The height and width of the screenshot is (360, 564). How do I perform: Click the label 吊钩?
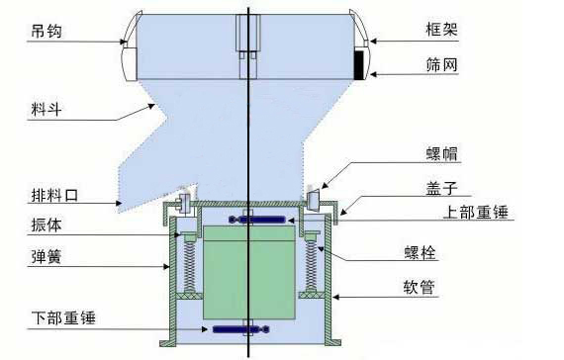tap(47, 31)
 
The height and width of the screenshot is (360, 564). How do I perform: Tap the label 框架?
tap(441, 29)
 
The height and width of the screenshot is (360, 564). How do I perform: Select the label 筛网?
tap(441, 64)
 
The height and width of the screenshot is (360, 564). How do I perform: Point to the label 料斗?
tap(47, 109)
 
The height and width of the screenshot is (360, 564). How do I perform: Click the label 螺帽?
tap(441, 153)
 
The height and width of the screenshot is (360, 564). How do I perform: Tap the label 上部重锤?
tap(476, 212)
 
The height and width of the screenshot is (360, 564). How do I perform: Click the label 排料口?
tap(54, 195)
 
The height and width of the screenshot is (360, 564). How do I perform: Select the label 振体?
tap(47, 225)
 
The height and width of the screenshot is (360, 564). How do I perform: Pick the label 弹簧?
tap(47, 257)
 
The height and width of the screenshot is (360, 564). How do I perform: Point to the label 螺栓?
tap(421, 252)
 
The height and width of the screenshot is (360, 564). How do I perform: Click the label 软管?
tap(420, 287)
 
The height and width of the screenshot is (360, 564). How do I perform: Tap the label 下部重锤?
tap(63, 317)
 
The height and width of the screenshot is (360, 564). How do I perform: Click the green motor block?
tap(249, 272)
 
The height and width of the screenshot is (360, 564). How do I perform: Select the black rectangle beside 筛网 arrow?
tap(358, 65)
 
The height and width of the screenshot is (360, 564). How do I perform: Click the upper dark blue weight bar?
tap(257, 220)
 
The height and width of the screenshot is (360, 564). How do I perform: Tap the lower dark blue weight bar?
tap(240, 329)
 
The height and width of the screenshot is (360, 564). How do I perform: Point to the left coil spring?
tap(189, 265)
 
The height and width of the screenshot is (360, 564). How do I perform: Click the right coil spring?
tap(311, 265)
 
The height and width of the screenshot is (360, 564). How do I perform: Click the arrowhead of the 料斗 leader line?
tap(152, 106)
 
